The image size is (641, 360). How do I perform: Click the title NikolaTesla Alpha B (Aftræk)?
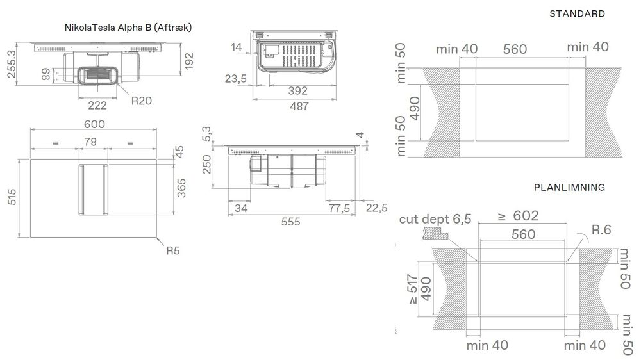128,28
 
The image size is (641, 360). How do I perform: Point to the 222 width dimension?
97,106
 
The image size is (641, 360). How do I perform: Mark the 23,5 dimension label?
236,79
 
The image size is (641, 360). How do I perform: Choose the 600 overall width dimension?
94,124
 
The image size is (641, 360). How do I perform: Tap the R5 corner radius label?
173,250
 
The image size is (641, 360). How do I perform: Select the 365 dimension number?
182,188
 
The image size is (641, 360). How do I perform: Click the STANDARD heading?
577,13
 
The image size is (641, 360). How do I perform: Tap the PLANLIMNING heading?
569,188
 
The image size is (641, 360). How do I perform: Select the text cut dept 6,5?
435,219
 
